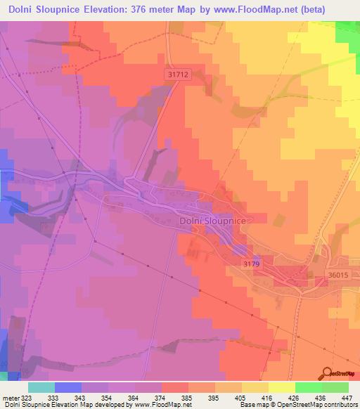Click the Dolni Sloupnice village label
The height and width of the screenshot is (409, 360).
pos(212,221)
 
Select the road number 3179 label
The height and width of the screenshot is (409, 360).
pos(252,264)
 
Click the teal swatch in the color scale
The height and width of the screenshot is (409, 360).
pos(41,387)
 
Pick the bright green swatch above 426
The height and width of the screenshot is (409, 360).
pos(308,387)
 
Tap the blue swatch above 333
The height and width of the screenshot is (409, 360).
pos(67,387)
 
